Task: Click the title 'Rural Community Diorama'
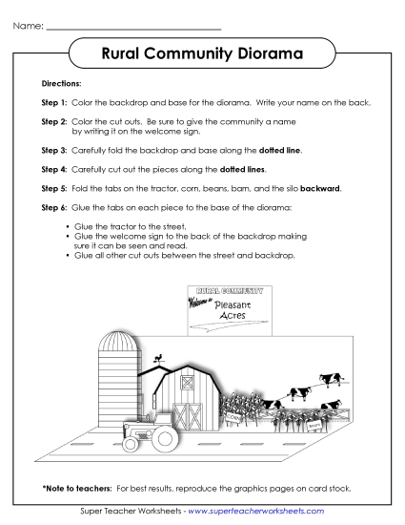click(x=202, y=55)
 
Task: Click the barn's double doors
click(x=193, y=416)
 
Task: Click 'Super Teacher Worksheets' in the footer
click(x=130, y=512)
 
